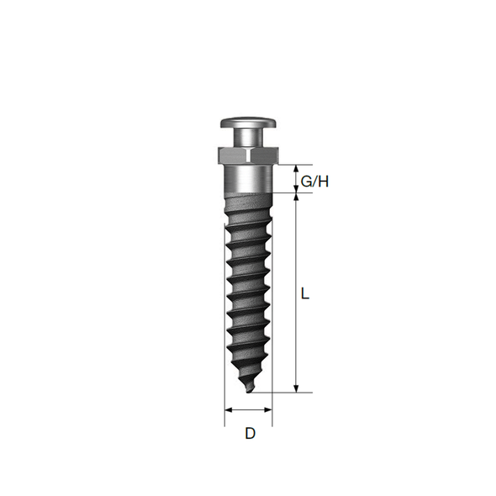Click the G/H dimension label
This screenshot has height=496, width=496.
[x=314, y=182]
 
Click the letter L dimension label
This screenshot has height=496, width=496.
[x=304, y=293]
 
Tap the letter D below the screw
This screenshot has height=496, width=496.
[x=250, y=433]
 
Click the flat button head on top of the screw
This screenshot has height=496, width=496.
[x=249, y=123]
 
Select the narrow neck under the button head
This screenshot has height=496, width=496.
[x=249, y=137]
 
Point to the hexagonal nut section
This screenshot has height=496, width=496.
[x=249, y=156]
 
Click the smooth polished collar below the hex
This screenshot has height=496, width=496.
[x=249, y=179]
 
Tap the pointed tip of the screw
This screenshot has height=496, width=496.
[x=248, y=393]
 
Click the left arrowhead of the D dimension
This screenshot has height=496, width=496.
[x=229, y=410]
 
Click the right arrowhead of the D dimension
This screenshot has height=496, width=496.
[x=268, y=410]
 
